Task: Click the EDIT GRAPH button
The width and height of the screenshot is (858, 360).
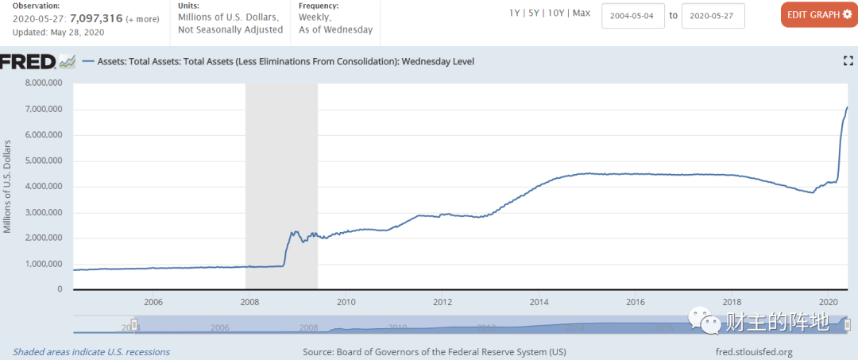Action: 818,14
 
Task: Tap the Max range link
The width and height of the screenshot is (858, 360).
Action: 582,14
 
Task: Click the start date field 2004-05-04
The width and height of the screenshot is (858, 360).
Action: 632,15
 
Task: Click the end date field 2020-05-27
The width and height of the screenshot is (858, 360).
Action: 713,15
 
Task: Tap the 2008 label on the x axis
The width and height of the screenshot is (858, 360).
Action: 249,302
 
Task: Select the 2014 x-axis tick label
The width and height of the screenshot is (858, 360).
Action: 539,302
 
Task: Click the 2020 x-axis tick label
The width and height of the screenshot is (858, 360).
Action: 829,302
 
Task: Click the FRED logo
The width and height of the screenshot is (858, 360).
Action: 29,61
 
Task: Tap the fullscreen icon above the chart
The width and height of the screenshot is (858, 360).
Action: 847,61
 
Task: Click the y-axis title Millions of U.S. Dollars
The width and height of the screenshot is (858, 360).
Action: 8,186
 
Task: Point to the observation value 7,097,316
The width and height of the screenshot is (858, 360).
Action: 95,18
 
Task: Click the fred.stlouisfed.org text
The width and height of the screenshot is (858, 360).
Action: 754,351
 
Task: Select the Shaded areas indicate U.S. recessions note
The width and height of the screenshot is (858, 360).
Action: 91,351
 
